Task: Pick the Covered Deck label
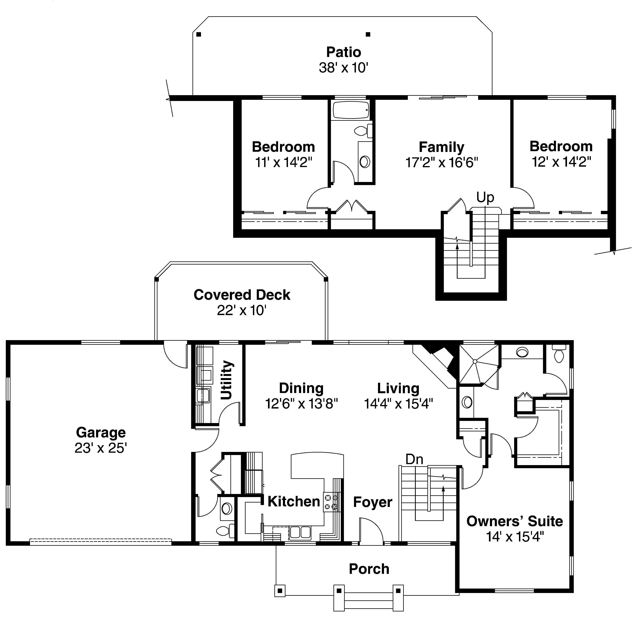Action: tap(242, 295)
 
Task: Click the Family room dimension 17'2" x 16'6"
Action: tap(442, 162)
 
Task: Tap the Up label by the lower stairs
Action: tap(485, 197)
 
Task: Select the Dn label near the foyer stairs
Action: tap(414, 459)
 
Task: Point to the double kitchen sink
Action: tap(300, 532)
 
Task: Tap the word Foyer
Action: tap(373, 502)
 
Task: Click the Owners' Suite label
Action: tap(515, 521)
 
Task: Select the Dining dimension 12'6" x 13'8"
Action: tap(302, 404)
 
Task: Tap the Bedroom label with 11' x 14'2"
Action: tap(283, 147)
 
